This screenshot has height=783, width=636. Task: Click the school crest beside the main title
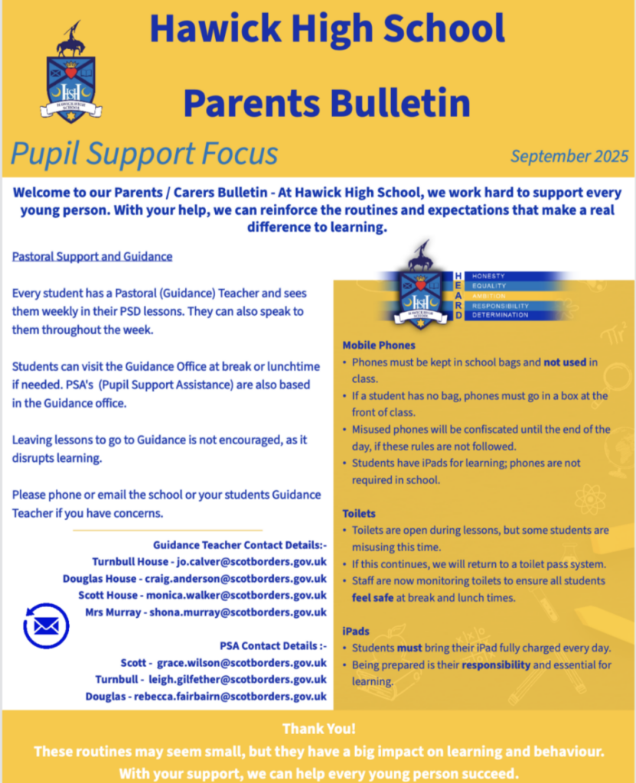point(70,73)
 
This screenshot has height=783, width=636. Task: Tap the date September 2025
point(569,156)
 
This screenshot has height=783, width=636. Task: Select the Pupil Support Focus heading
point(144,154)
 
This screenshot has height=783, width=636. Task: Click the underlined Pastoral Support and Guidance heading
point(92,256)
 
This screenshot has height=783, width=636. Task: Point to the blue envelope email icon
point(46,625)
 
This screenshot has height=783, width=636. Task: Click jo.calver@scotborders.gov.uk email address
point(251,562)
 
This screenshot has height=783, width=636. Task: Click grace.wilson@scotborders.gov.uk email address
point(242,663)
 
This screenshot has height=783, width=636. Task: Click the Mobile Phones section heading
point(379,346)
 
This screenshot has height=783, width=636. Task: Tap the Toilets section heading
point(359,514)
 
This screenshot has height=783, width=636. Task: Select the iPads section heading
point(356,632)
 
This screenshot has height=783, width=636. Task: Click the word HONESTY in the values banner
point(490,275)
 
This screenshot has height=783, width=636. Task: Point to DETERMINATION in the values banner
point(501,315)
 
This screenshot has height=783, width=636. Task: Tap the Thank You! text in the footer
point(318,729)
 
